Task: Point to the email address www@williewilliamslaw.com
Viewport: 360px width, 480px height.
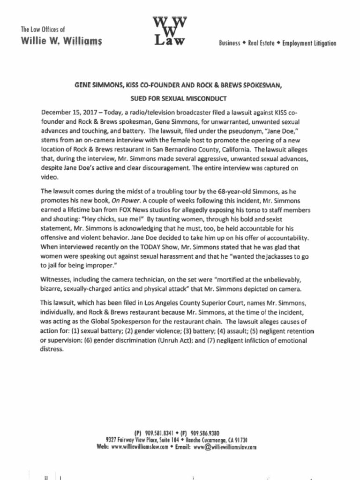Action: [x=225, y=447]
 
